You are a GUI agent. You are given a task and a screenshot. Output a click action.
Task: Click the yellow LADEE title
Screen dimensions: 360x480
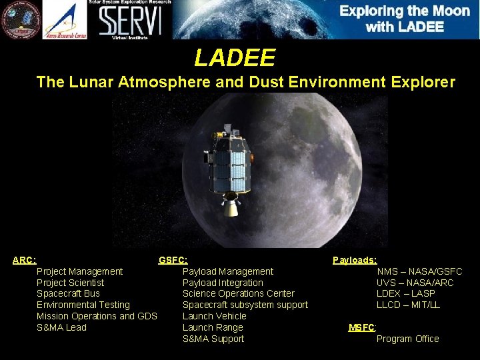235,59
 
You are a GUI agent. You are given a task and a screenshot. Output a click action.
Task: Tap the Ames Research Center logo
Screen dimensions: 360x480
65,19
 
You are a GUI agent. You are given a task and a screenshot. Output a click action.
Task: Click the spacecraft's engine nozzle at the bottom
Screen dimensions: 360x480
231,208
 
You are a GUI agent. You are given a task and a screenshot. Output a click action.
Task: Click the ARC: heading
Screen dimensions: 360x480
25,260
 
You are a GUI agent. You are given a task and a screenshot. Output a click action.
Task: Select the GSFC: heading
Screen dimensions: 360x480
173,260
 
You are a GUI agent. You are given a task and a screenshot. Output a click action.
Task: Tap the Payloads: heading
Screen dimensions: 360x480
355,260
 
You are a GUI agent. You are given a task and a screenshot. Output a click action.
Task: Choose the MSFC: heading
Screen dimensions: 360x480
363,327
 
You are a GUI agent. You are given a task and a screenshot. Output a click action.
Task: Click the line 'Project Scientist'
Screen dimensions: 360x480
70,283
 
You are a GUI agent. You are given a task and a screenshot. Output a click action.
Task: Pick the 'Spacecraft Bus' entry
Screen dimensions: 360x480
68,293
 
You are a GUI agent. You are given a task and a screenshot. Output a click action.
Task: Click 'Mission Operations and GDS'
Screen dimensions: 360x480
97,316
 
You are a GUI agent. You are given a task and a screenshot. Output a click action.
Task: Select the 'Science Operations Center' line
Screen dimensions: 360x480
238,293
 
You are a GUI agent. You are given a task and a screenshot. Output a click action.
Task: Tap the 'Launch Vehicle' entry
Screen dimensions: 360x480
214,316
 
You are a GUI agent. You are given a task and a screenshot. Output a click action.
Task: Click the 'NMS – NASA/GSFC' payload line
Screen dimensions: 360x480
419,271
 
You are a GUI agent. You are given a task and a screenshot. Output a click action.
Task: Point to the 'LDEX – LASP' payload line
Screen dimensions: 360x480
405,293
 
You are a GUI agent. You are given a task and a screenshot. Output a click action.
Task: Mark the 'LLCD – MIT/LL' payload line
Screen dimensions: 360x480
408,305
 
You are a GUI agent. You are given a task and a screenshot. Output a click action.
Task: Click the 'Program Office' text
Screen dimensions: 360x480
407,339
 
